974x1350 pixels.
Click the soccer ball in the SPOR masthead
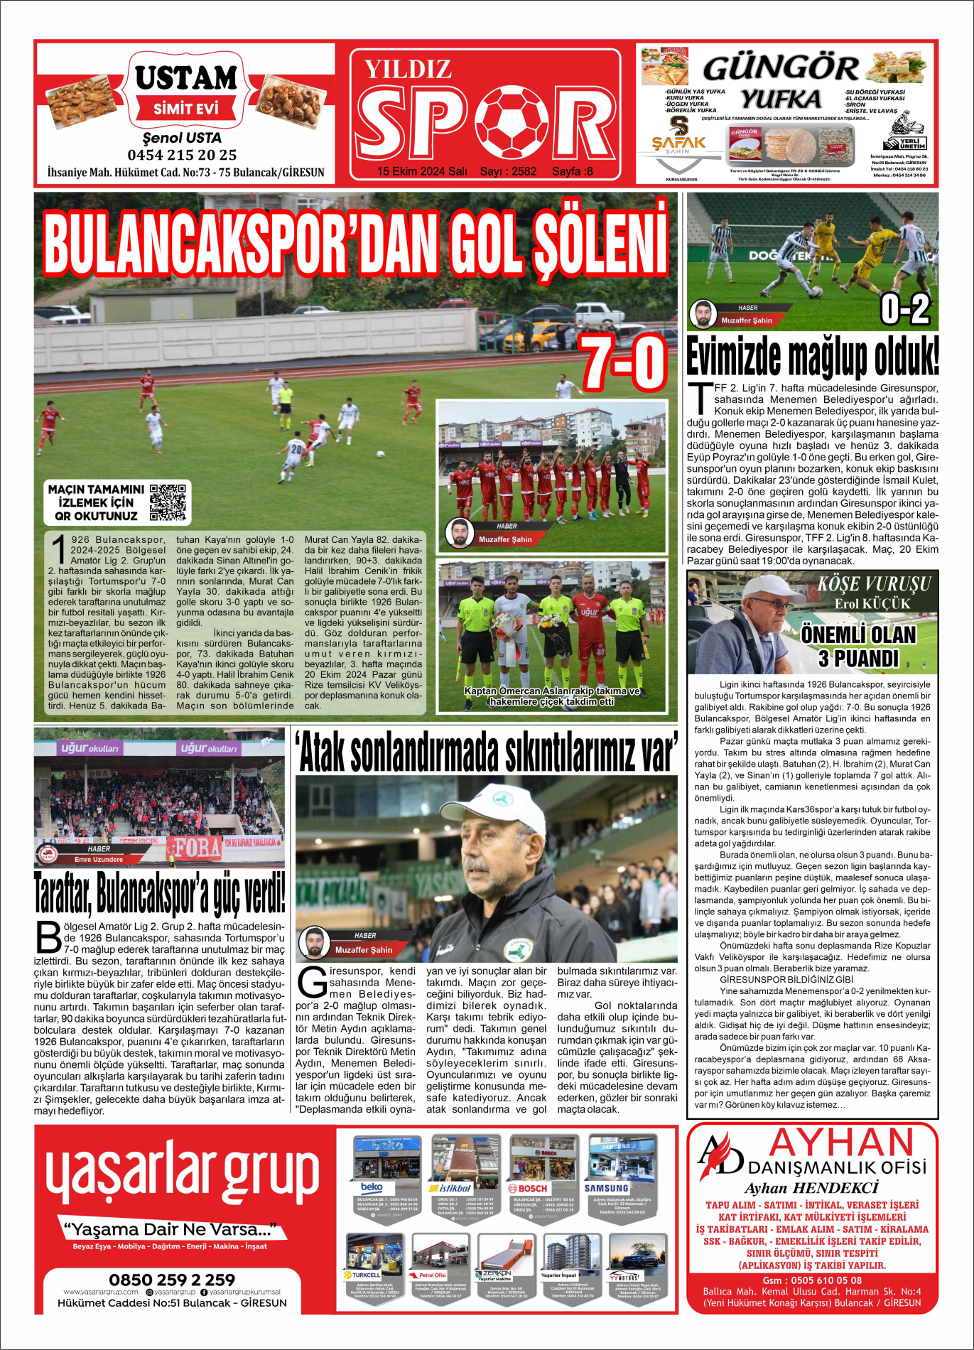[511, 122]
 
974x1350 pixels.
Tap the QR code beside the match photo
[168, 502]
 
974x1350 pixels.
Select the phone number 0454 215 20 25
[182, 155]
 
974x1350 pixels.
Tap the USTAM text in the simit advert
[186, 78]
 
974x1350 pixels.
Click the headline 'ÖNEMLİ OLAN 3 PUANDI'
[858, 646]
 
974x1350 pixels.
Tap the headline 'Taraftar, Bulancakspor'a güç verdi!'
[160, 894]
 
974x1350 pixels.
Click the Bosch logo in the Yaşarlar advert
[527, 1188]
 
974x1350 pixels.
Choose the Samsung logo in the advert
[606, 1187]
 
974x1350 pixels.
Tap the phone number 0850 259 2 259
[172, 1280]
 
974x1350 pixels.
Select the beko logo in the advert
[372, 1187]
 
